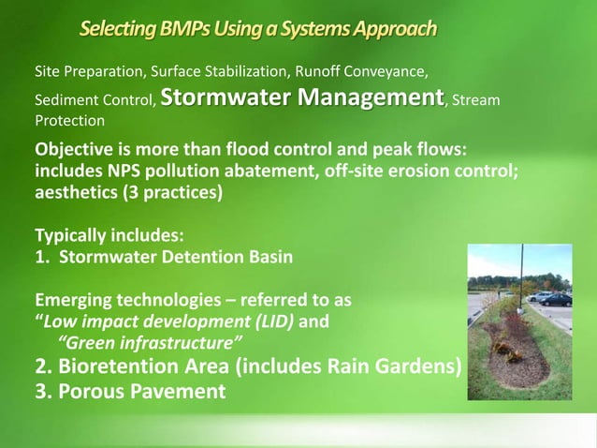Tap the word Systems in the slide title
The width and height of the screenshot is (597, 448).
click(307, 29)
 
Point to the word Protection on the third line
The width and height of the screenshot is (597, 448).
click(69, 121)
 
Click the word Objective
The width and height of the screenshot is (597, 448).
click(75, 151)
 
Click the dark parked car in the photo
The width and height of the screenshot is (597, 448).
click(556, 300)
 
